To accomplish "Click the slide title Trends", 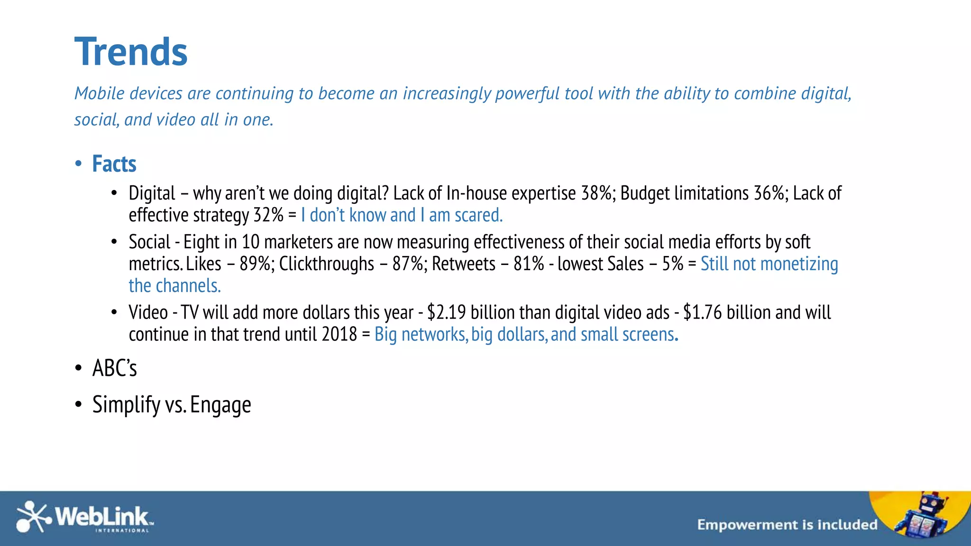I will [x=131, y=52].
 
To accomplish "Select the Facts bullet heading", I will [x=114, y=164].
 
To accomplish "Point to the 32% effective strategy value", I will [x=268, y=215].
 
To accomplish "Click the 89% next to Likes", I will [x=256, y=264].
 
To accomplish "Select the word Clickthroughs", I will [x=326, y=264].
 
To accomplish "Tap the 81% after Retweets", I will [x=529, y=264].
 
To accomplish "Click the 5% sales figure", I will [x=672, y=264].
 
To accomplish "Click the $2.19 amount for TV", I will [x=446, y=313].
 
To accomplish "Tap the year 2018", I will [x=339, y=335].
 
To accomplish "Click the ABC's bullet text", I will [x=114, y=368].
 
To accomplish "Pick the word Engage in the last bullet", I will [x=220, y=405].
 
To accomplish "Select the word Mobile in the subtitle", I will [x=100, y=93].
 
